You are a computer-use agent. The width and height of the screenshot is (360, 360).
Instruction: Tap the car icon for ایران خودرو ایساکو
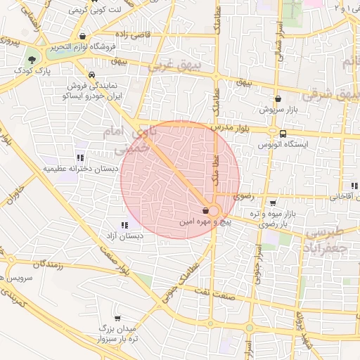pyautogui.click(x=91, y=74)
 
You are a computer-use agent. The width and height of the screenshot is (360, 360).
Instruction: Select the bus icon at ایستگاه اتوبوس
pyautogui.click(x=283, y=134)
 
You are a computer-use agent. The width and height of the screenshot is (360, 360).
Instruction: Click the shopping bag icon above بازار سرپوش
pyautogui.click(x=278, y=99)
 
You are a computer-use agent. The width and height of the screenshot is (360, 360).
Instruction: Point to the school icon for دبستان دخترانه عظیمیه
pyautogui.click(x=80, y=157)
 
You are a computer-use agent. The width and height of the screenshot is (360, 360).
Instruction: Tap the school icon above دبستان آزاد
pyautogui.click(x=124, y=225)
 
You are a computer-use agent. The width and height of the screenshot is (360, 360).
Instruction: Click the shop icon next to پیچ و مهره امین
pyautogui.click(x=205, y=210)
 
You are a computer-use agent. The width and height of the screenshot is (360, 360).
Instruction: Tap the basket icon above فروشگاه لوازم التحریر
pyautogui.click(x=84, y=37)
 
